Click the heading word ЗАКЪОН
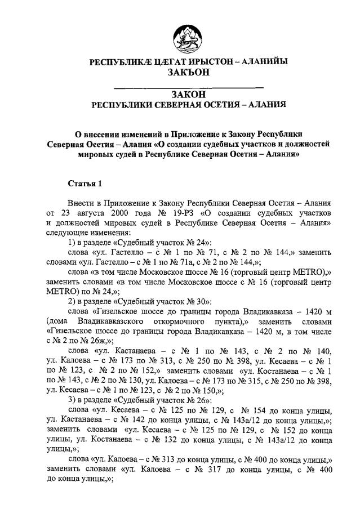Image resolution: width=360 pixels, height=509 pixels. tap(188, 72)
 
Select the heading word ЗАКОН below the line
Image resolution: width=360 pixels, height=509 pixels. tap(188, 93)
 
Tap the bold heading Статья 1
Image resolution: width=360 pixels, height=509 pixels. tap(85, 184)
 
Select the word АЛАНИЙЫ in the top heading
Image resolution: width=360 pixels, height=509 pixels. tap(265, 61)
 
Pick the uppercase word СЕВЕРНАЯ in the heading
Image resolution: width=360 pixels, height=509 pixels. tap(183, 104)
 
